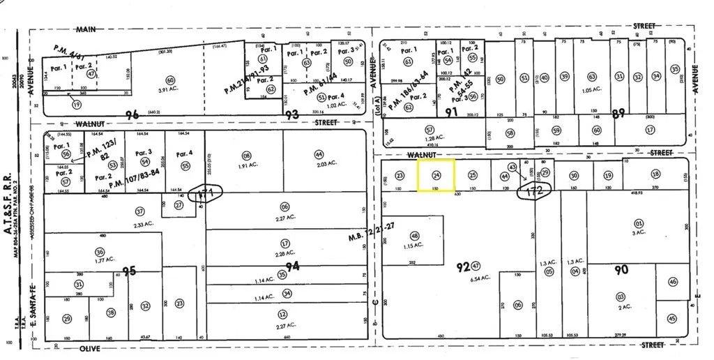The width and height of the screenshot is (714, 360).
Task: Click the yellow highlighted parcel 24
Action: (x=436, y=175)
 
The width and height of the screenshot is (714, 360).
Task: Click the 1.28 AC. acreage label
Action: (x=430, y=139)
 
